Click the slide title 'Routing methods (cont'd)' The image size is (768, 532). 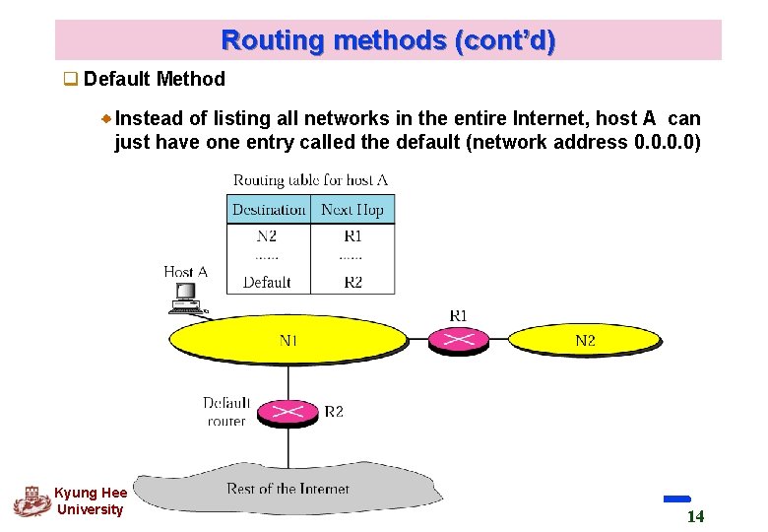pyautogui.click(x=388, y=40)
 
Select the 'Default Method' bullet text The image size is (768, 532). pyautogui.click(x=155, y=79)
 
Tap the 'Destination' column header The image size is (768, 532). pyautogui.click(x=269, y=210)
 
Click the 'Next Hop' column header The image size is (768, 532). pyautogui.click(x=352, y=210)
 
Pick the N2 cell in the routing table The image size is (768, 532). pyautogui.click(x=267, y=236)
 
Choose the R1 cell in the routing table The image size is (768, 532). pyautogui.click(x=352, y=236)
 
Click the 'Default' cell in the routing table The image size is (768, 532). pyautogui.click(x=267, y=282)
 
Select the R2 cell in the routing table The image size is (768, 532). pyautogui.click(x=352, y=282)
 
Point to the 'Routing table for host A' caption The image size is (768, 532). pyautogui.click(x=310, y=180)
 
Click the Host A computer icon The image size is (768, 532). pyautogui.click(x=184, y=297)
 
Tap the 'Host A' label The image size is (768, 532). pyautogui.click(x=185, y=271)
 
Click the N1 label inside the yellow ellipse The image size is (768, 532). pyautogui.click(x=288, y=341)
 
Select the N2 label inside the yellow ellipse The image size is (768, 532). pyautogui.click(x=585, y=341)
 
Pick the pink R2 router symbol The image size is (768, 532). pyautogui.click(x=288, y=411)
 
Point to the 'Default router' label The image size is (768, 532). pyautogui.click(x=226, y=412)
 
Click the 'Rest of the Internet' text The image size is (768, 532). pyautogui.click(x=288, y=489)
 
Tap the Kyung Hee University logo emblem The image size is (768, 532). pyautogui.click(x=32, y=500)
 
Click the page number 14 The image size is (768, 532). pyautogui.click(x=695, y=517)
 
